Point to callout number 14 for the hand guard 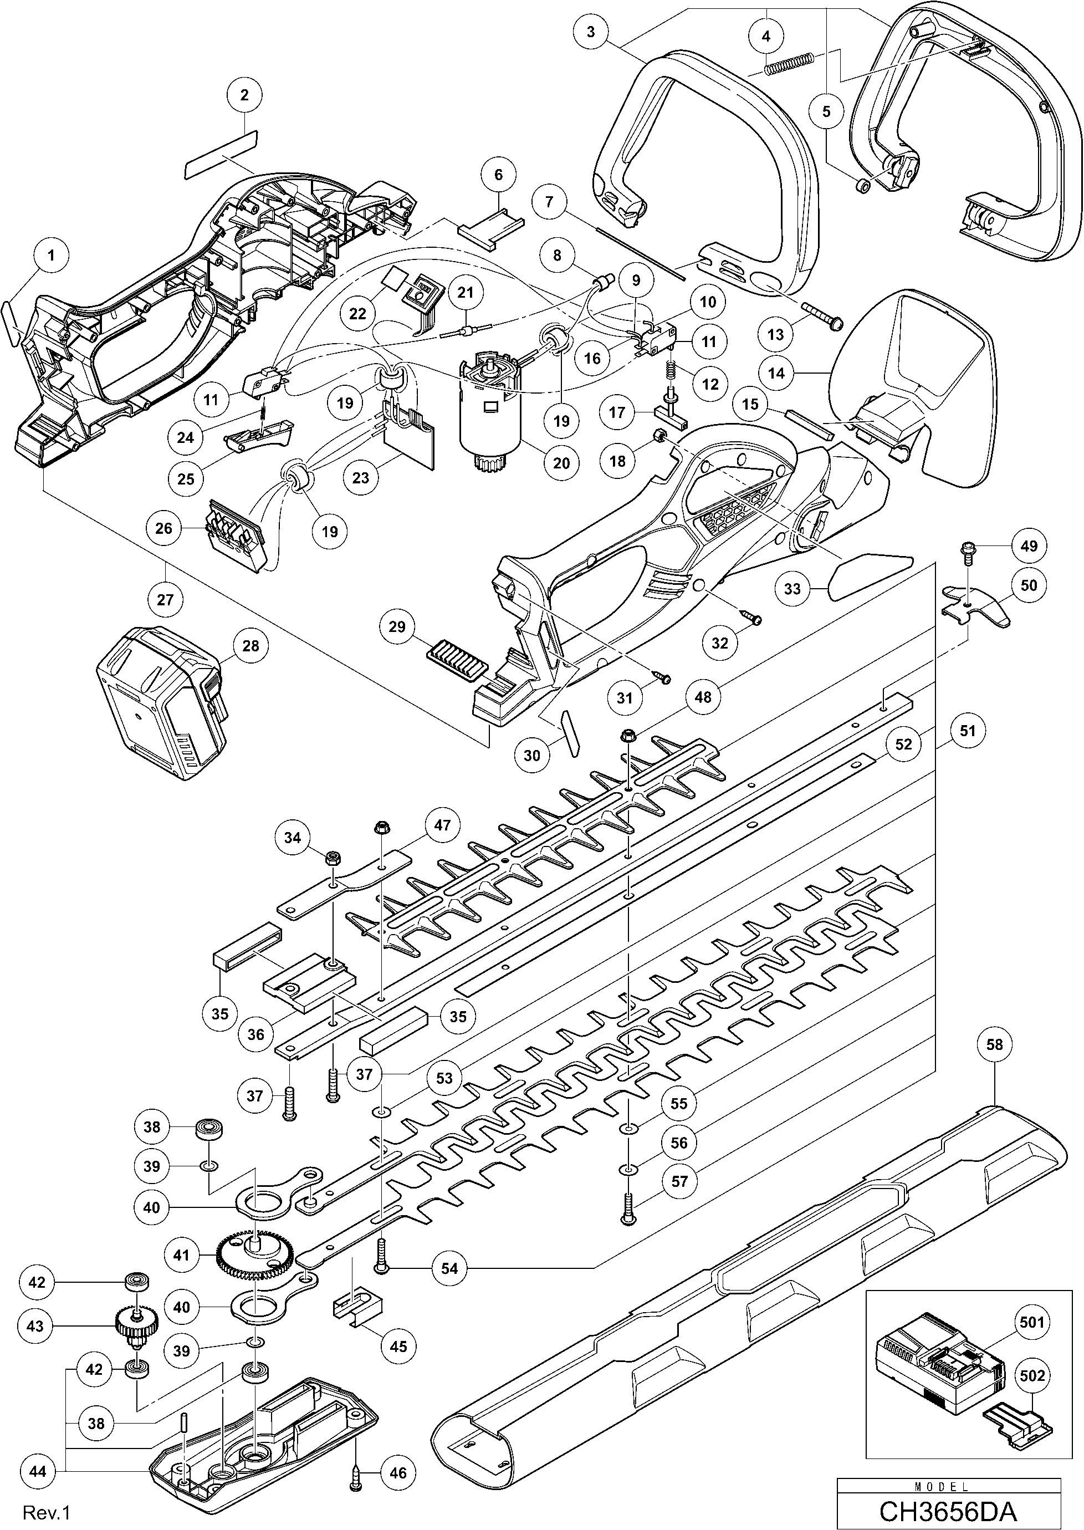tap(777, 373)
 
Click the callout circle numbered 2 tap(244, 95)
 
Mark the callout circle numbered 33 tap(792, 588)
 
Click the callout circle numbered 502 tap(1031, 1375)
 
